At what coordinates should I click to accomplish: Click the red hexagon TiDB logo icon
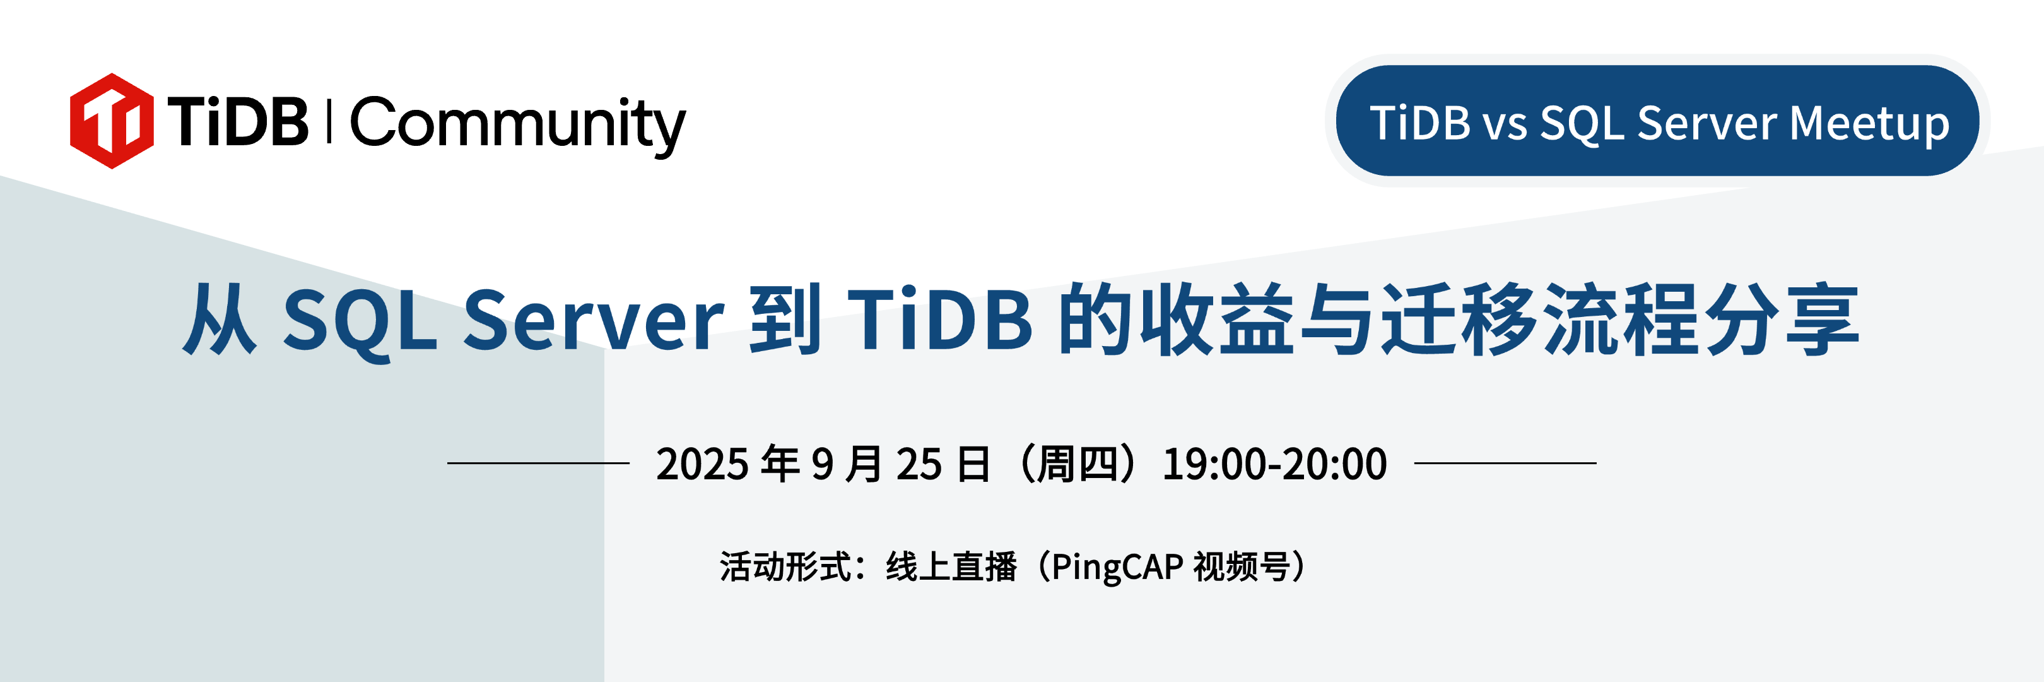[x=112, y=121]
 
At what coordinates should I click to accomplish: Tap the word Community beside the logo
[x=518, y=126]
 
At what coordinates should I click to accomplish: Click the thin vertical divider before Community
[x=329, y=121]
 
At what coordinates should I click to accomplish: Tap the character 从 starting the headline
[x=220, y=319]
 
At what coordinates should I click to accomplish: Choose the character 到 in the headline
[x=785, y=318]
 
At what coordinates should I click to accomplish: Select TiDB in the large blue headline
[x=940, y=319]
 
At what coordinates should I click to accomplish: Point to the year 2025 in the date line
[x=702, y=465]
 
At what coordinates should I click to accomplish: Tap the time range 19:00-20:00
[x=1274, y=465]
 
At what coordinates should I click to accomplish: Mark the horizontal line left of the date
[x=538, y=463]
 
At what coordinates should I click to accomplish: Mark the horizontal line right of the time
[x=1505, y=463]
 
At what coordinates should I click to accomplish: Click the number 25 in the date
[x=919, y=465]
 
